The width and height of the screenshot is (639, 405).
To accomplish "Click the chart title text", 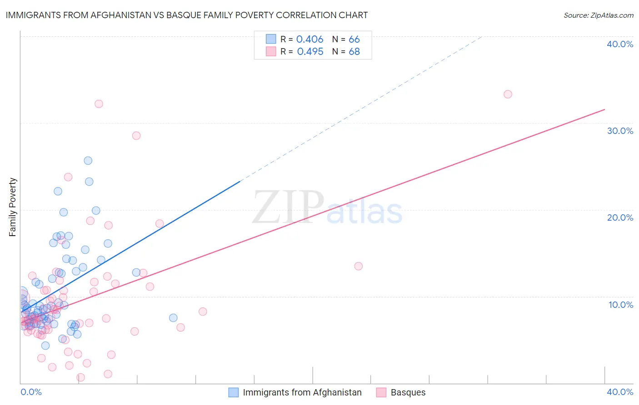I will (x=186, y=15).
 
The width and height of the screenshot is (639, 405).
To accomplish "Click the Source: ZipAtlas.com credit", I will (x=598, y=15).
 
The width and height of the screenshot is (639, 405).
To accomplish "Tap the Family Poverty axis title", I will (x=13, y=207).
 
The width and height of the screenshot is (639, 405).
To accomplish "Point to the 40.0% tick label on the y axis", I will (x=620, y=44).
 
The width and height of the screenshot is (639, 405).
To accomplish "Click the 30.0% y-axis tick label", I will (x=620, y=131).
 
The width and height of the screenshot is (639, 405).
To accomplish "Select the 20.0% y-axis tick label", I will (x=620, y=217).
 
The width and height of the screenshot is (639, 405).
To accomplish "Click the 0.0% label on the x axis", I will (x=31, y=392).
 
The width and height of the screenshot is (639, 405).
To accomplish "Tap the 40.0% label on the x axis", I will (x=620, y=392).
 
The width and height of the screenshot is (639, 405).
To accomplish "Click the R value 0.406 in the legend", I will (x=310, y=40).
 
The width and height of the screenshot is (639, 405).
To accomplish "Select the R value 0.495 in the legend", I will (x=310, y=52).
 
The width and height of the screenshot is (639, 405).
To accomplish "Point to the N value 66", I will (x=354, y=40).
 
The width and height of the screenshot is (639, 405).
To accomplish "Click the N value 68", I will (x=354, y=52).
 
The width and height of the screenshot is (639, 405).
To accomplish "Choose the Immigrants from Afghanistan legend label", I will (x=302, y=392).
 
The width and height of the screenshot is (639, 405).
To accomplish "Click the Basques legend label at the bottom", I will (x=408, y=392).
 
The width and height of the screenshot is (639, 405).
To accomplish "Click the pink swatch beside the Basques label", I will (x=381, y=392).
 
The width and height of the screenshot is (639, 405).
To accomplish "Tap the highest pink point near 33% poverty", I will (x=508, y=94).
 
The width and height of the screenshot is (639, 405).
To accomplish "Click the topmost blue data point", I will (x=88, y=161).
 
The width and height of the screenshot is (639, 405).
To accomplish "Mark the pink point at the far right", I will (x=508, y=94).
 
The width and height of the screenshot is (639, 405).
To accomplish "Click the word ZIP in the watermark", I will (x=288, y=207).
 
